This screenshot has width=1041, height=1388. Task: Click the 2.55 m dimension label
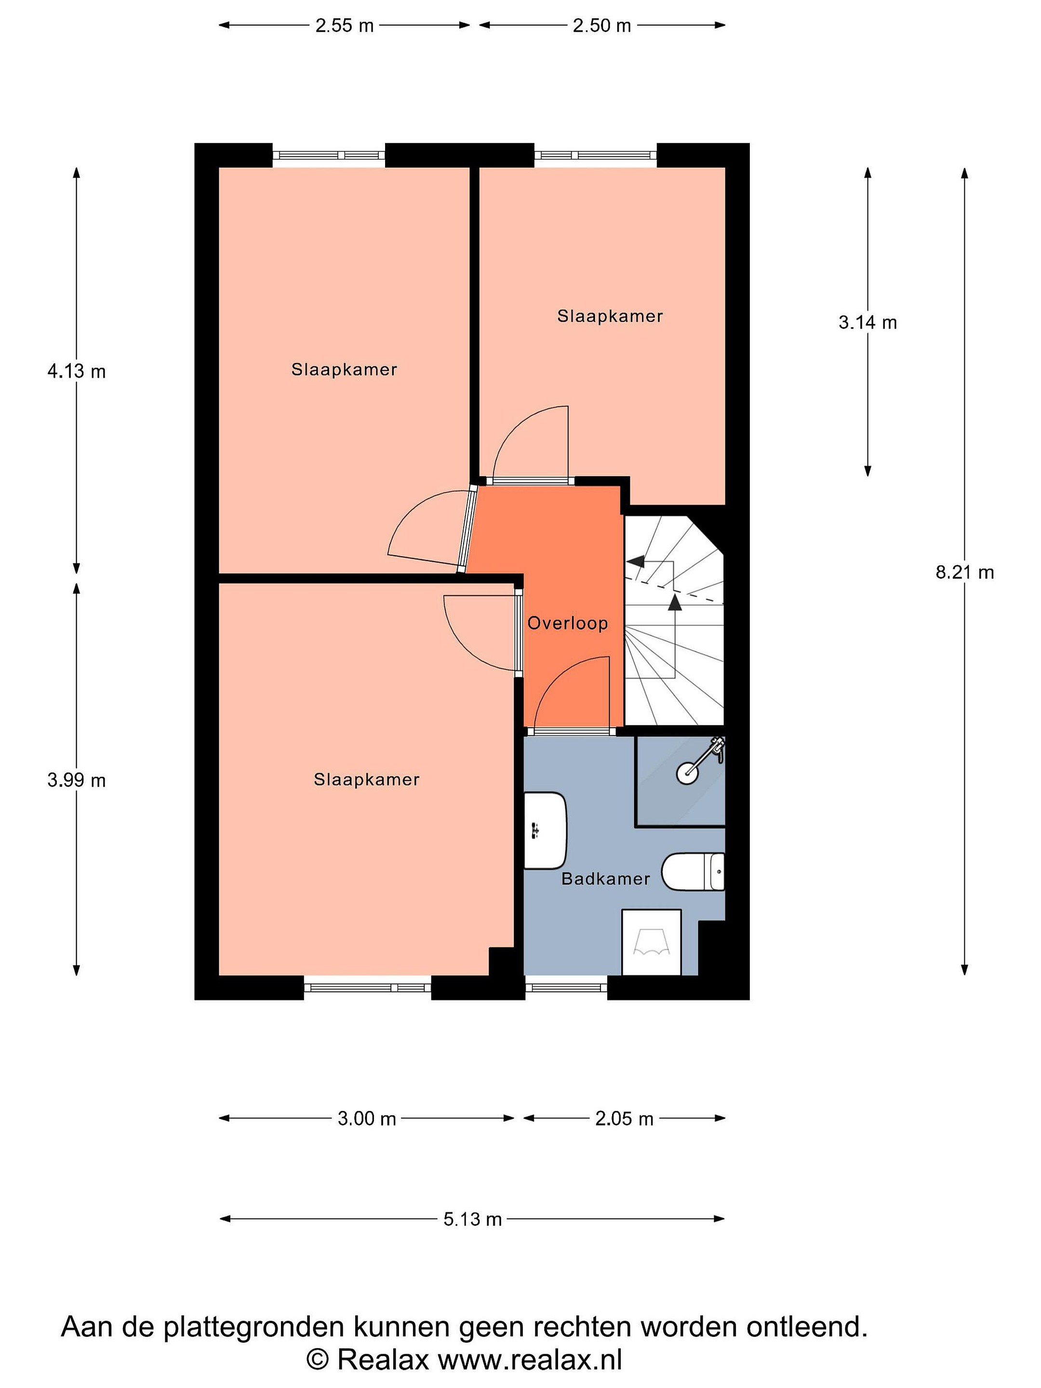[345, 26]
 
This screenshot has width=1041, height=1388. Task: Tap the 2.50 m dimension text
[602, 26]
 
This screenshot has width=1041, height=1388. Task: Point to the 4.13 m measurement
[77, 372]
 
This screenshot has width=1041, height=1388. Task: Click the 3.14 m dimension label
[868, 322]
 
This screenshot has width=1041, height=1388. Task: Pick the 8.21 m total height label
[965, 572]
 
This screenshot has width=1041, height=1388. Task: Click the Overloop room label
[568, 623]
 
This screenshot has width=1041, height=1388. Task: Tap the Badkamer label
[605, 879]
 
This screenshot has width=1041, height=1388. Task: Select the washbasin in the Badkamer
[545, 831]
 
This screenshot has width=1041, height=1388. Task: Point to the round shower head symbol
[687, 773]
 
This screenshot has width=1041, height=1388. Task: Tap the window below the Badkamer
[566, 988]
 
